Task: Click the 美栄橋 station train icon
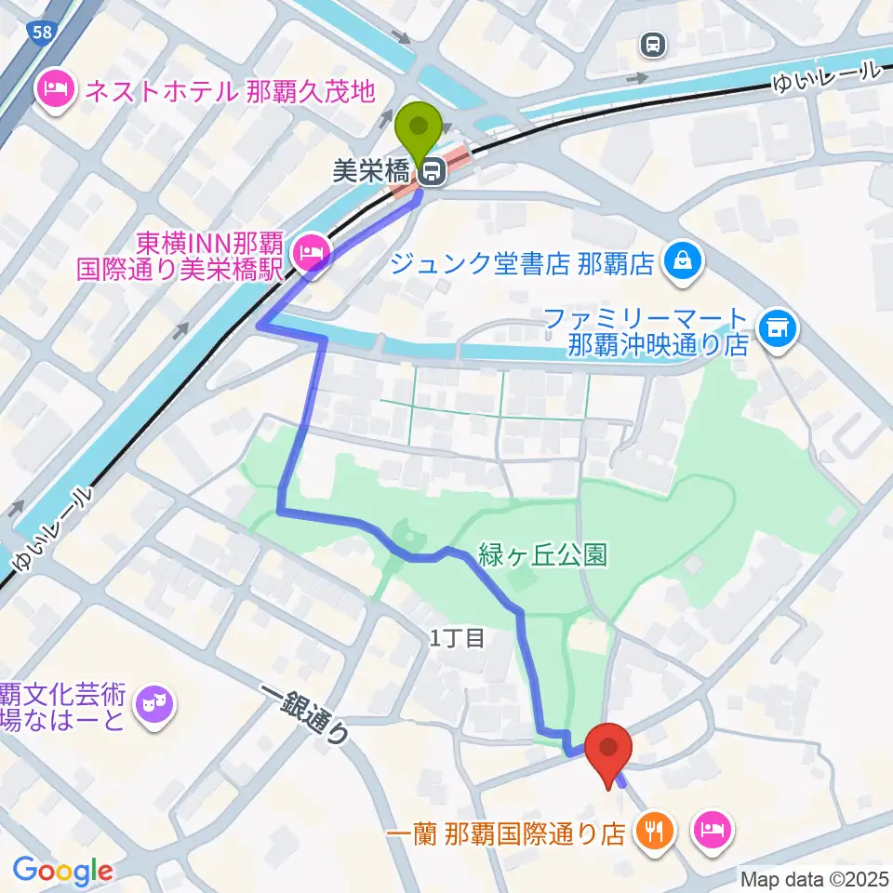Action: point(431,171)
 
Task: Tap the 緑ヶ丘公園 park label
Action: point(542,555)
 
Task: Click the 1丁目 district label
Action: point(457,637)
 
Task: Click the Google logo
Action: point(62,872)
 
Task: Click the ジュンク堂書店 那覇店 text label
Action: point(522,266)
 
